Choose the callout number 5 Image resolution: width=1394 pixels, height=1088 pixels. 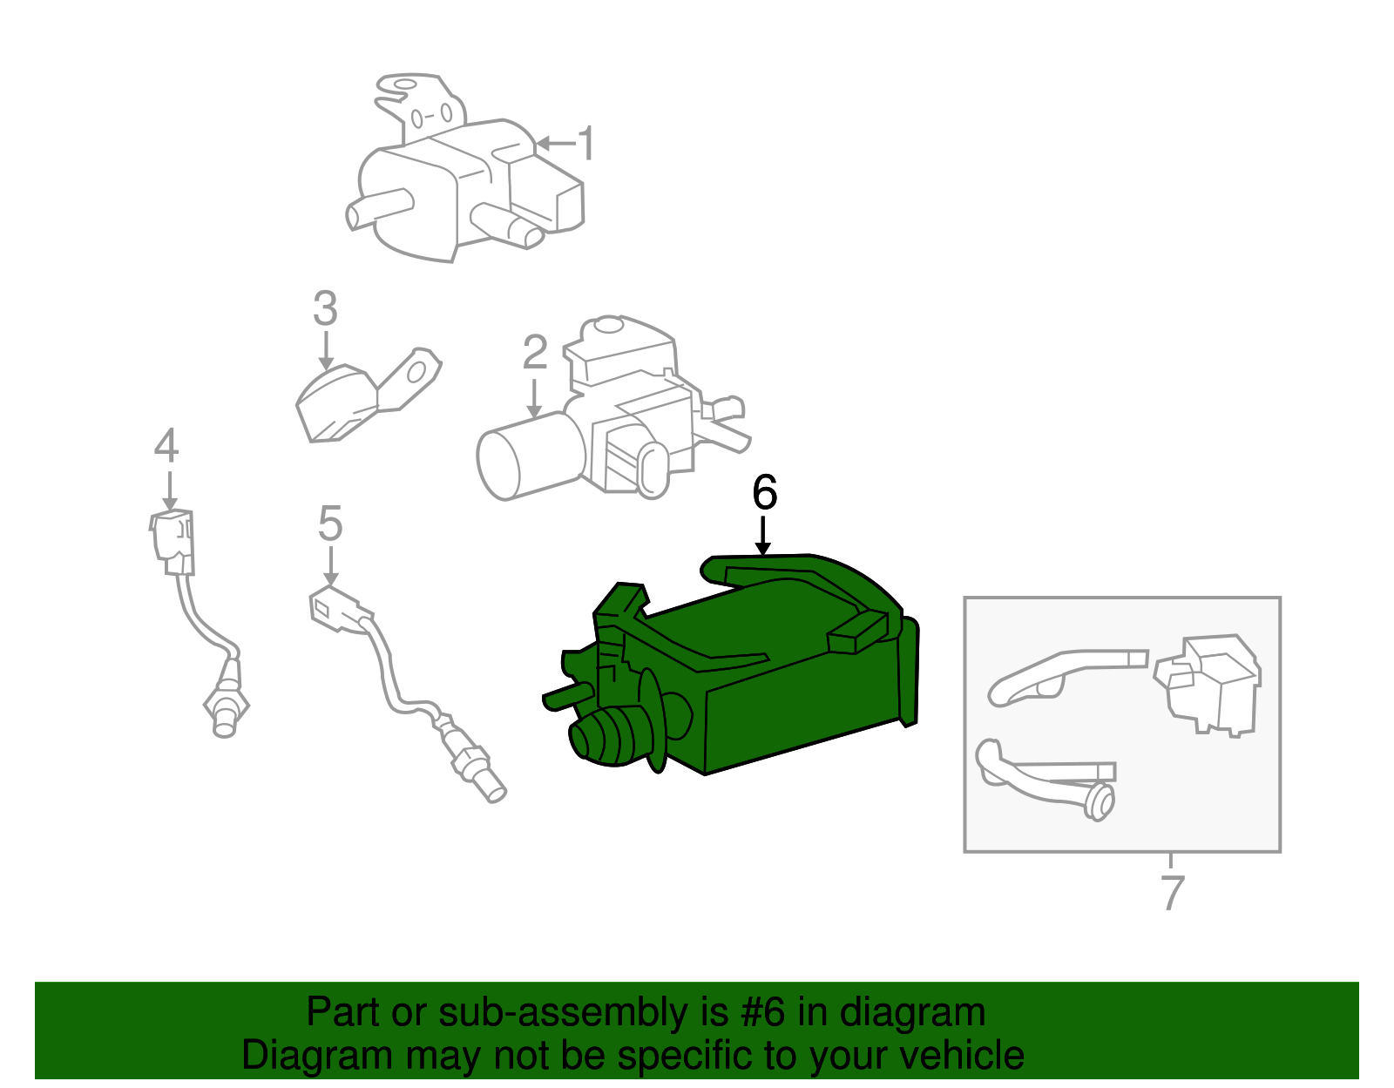330,524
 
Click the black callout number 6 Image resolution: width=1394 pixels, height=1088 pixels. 765,492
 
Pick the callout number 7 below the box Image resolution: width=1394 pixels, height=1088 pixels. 1172,892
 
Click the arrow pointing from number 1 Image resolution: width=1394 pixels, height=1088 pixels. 556,144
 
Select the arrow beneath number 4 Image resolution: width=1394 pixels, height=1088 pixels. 169,492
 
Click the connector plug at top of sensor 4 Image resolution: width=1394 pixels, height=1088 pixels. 173,542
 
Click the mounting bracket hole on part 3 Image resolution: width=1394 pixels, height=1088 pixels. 416,373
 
